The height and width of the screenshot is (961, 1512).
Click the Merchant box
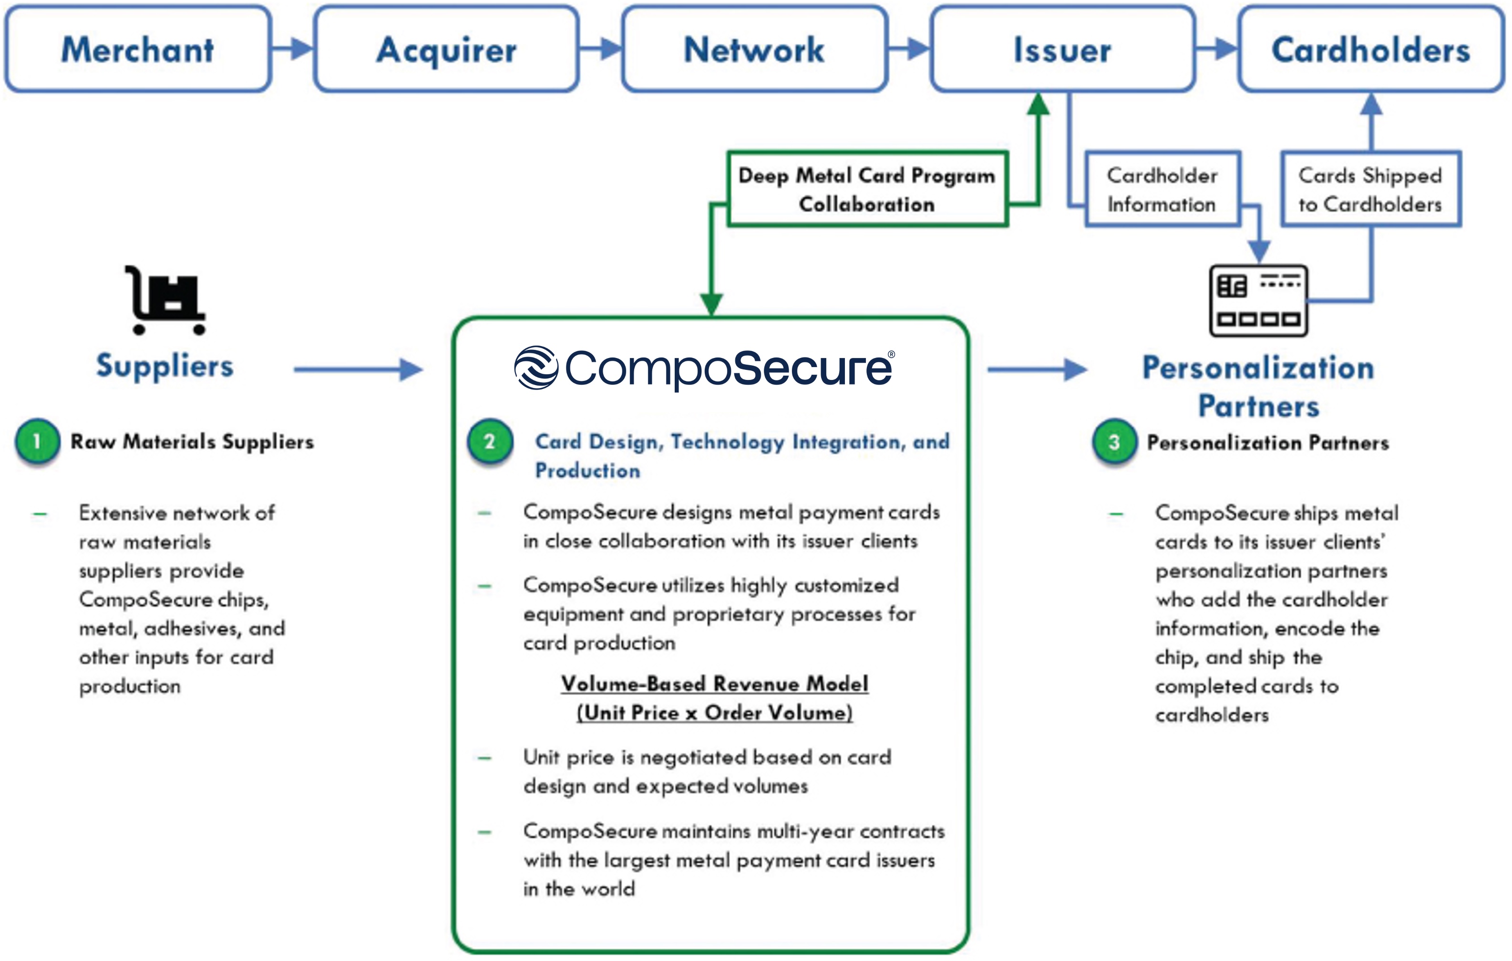137,49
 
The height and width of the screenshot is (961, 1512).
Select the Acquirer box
446,49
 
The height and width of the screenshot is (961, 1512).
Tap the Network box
754,49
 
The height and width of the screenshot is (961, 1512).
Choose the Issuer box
1062,49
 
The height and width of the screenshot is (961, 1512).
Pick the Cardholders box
1371,49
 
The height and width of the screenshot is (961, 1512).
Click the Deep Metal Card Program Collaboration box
867,189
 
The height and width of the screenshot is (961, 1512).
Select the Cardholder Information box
1162,189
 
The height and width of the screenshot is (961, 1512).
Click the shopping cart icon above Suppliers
166,300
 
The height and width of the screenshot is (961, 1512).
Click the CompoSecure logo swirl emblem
535,368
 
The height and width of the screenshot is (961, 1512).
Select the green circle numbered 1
38,441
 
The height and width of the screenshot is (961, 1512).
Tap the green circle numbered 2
490,441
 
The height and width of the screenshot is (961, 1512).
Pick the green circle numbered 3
1114,442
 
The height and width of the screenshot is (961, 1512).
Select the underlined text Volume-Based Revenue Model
715,684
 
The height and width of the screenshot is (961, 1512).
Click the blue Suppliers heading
165,365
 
